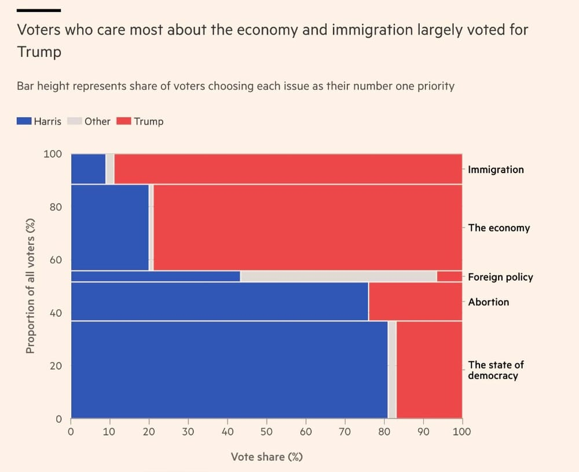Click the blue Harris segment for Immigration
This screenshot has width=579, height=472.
click(x=88, y=169)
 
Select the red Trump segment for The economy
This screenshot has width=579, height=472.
click(x=307, y=227)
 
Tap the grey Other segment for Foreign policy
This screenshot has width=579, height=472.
click(x=338, y=276)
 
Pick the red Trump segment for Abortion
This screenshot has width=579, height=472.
click(x=415, y=301)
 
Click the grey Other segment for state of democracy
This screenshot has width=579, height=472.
click(x=392, y=369)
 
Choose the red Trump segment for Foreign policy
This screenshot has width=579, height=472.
click(x=449, y=276)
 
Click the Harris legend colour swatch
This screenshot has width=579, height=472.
click(x=24, y=121)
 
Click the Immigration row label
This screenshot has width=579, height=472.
click(x=496, y=170)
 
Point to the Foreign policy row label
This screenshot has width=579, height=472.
click(x=500, y=277)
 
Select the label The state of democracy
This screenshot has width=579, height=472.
click(x=496, y=370)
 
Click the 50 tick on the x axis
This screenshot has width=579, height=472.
click(x=266, y=431)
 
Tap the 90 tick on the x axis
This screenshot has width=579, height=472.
click(x=423, y=431)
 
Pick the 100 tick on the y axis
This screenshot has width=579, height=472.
click(x=52, y=154)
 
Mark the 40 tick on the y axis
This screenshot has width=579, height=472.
click(x=55, y=313)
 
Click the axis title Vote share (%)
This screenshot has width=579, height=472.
click(x=266, y=457)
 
